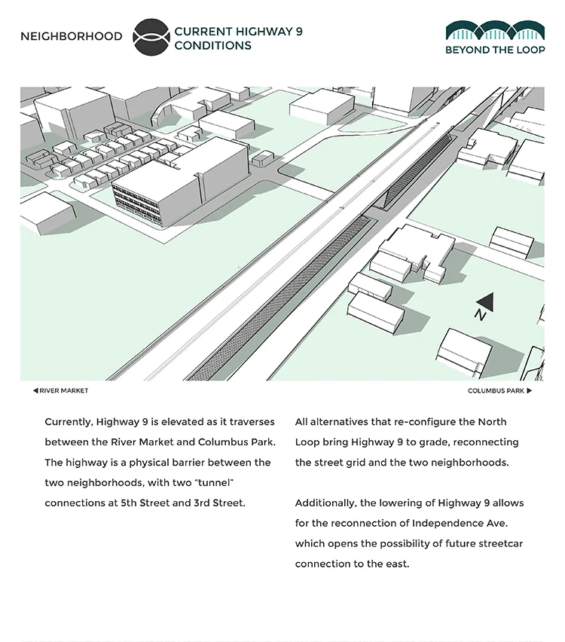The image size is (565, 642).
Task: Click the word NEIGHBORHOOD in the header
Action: click(71, 37)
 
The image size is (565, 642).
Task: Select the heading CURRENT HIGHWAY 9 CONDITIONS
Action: click(238, 38)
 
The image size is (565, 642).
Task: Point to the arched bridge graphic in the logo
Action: click(494, 31)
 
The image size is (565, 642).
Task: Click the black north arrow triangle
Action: click(485, 301)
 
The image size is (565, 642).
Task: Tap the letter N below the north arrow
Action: click(480, 316)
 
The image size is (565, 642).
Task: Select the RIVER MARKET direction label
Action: click(64, 391)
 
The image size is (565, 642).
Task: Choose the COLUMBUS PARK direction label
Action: click(496, 391)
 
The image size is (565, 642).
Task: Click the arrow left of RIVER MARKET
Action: click(35, 391)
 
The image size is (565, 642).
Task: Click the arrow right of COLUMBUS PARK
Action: click(530, 391)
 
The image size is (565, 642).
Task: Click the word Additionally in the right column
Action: click(326, 503)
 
